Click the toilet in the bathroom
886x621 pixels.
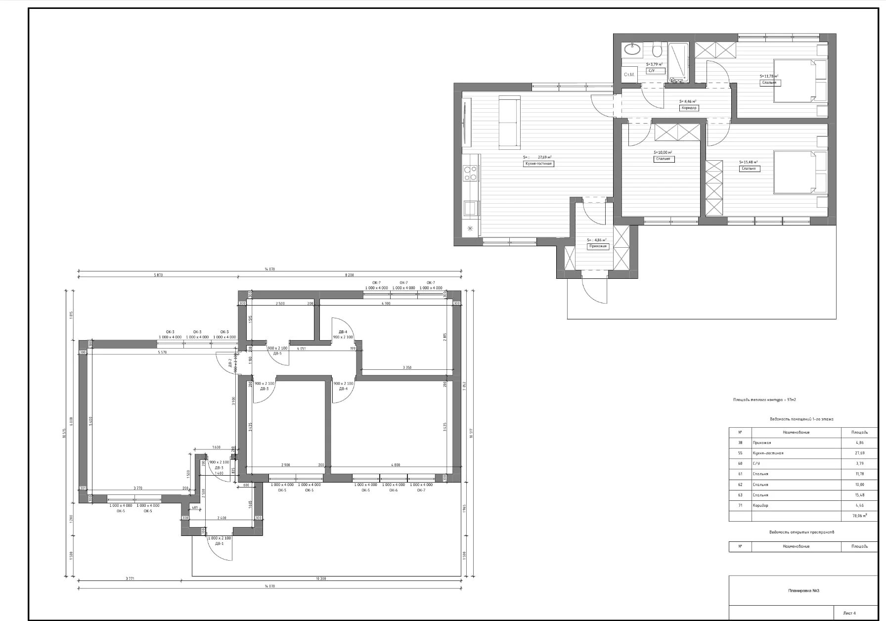657,50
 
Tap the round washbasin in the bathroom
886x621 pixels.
632,49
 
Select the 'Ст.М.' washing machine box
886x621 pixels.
629,75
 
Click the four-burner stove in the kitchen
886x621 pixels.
470,173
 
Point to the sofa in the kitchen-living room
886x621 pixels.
509,122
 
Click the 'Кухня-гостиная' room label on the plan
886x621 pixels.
538,164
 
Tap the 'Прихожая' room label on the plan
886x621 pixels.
598,246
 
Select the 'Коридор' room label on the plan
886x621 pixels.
689,108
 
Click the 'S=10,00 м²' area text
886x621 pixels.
663,153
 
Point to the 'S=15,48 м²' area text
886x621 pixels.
748,162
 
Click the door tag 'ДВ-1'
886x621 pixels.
219,544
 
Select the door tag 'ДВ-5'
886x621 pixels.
277,354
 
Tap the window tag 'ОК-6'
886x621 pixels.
393,490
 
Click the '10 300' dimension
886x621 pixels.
320,578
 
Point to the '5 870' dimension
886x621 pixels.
158,275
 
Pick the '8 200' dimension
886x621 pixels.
350,275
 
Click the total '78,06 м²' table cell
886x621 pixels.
859,516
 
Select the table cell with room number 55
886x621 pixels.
740,453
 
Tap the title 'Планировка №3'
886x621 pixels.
803,590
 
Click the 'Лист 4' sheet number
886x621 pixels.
849,613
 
